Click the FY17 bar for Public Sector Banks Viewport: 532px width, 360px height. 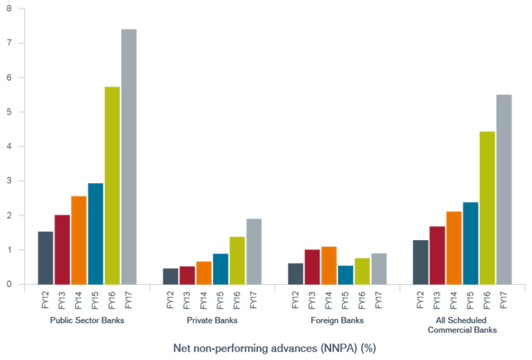(x=129, y=157)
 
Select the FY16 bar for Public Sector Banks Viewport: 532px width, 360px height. (x=112, y=186)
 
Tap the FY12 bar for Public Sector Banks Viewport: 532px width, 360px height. (x=45, y=258)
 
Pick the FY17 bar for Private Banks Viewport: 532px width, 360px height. (x=254, y=252)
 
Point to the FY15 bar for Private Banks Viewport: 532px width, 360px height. (x=221, y=269)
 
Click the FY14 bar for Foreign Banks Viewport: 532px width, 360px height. (x=329, y=266)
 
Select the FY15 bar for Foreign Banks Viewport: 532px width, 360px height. (x=345, y=275)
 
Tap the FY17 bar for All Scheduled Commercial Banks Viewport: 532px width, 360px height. (x=504, y=190)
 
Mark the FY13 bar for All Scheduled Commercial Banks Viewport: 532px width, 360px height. (x=437, y=255)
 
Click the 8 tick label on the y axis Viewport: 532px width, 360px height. (x=9, y=8)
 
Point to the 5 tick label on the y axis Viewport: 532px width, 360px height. (x=9, y=111)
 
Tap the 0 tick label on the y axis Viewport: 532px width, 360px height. (x=9, y=285)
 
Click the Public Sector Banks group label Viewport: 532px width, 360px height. (x=87, y=320)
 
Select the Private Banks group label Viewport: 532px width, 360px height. (x=212, y=320)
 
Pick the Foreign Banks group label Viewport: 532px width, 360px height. (x=337, y=320)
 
